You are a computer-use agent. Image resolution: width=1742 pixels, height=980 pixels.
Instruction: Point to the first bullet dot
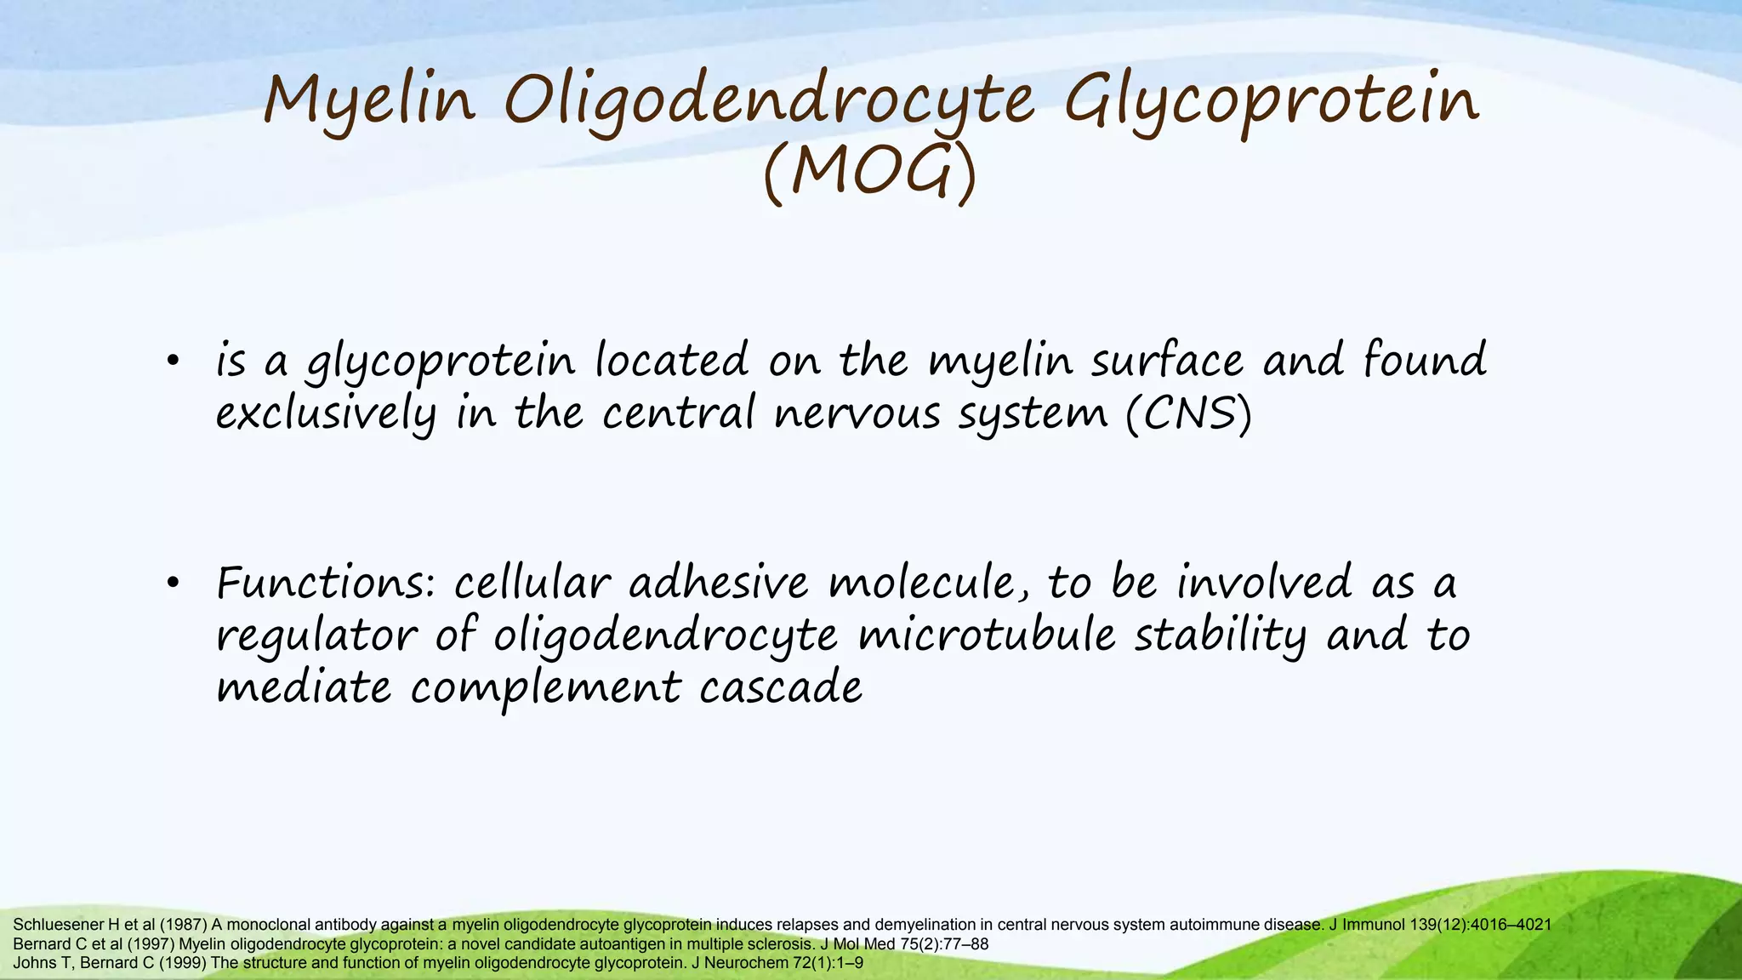point(173,362)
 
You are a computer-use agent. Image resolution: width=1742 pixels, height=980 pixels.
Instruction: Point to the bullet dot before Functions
point(173,584)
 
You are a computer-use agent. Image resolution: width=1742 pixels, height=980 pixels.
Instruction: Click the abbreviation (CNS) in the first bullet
point(1189,414)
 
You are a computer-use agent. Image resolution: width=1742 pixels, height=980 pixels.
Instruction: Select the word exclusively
point(326,414)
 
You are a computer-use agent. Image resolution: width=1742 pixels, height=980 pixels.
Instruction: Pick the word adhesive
point(719,584)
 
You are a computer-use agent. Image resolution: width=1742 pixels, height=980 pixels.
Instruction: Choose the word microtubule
point(986,636)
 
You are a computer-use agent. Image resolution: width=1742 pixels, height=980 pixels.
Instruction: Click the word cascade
point(780,687)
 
